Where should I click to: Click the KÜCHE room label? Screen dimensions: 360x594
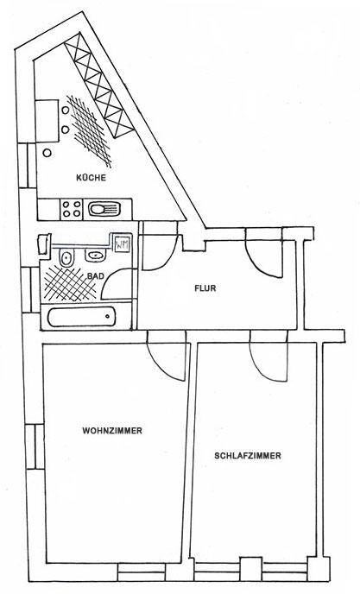[x=91, y=177]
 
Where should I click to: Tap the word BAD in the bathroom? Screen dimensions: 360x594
[x=96, y=275]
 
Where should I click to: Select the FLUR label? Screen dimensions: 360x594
[x=205, y=288]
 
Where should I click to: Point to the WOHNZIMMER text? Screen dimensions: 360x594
[x=112, y=431]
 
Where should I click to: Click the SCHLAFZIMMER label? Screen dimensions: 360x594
[x=248, y=455]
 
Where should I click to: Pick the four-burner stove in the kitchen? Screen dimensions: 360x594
[x=72, y=209]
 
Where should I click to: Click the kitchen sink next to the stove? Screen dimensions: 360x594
[x=104, y=208]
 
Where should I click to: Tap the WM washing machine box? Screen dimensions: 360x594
[x=122, y=244]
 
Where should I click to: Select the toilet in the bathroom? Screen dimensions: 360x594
[x=66, y=258]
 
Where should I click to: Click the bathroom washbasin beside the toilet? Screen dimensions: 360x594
[x=95, y=256]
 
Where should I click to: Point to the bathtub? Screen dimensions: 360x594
[x=81, y=318]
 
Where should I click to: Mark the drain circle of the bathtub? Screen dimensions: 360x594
[x=108, y=316]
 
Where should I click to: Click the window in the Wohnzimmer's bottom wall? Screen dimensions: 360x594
[x=142, y=572]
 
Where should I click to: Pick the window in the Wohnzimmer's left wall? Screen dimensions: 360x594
[x=35, y=446]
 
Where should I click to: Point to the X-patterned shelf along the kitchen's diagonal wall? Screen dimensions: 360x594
[x=99, y=86]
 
